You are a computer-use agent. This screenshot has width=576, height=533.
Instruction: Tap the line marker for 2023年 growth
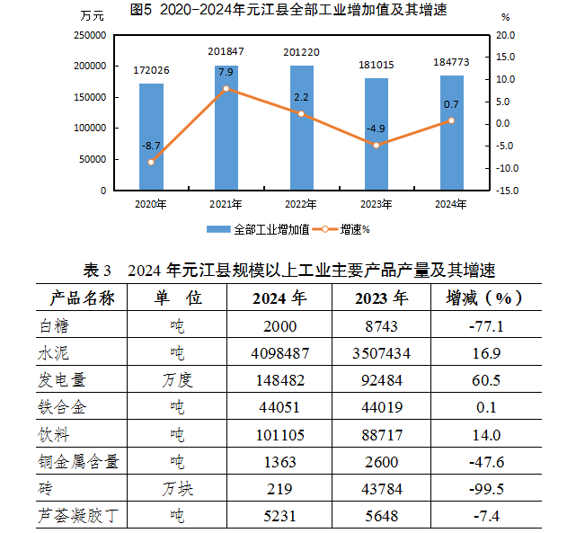click(376, 145)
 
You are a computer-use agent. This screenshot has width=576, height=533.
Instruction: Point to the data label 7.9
click(226, 72)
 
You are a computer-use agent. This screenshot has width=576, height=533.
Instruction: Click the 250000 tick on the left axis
click(89, 35)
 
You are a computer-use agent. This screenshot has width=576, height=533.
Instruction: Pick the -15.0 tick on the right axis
click(508, 191)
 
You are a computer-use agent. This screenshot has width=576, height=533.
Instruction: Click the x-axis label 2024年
click(451, 204)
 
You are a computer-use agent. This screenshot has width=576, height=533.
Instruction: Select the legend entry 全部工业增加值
click(261, 229)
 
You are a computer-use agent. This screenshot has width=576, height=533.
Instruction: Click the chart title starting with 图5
click(288, 11)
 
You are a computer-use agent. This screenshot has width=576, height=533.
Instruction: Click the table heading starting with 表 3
click(288, 270)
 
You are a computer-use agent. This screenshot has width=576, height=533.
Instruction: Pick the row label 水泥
click(55, 353)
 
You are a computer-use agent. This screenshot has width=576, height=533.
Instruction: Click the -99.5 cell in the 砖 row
click(486, 490)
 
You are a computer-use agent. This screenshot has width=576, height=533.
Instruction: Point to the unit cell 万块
click(178, 490)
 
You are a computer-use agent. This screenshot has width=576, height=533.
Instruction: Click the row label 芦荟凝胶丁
click(78, 517)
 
